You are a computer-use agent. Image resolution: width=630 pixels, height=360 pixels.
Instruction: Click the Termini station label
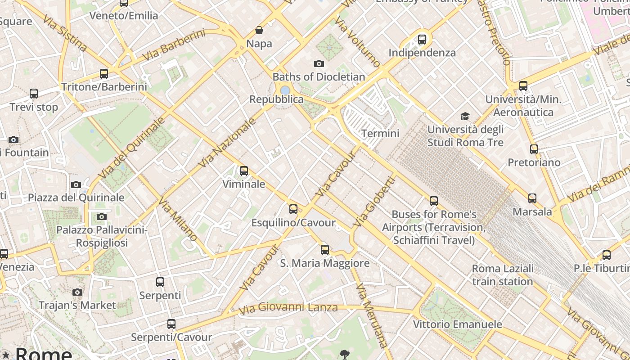tap(380, 134)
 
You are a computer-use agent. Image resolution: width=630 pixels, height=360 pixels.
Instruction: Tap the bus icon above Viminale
tap(244, 171)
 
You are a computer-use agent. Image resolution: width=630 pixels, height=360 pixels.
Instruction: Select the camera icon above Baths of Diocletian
tap(319, 64)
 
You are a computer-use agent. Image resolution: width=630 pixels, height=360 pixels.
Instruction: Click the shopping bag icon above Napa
tap(259, 31)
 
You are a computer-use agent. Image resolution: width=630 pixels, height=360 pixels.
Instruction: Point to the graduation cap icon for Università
tap(465, 117)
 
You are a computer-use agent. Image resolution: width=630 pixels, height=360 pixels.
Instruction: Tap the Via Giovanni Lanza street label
tap(288, 308)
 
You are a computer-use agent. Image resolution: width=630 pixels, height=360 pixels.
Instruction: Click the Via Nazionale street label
tap(227, 143)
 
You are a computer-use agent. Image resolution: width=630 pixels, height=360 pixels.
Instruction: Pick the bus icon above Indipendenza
tap(422, 40)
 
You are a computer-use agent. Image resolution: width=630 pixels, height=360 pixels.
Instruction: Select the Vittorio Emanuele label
tap(458, 324)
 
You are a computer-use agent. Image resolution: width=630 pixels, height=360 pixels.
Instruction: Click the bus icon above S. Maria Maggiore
tap(325, 250)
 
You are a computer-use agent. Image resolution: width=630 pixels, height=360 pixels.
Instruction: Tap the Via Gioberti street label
tap(374, 202)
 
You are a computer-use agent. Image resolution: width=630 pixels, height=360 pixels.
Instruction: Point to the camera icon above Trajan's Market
tap(77, 292)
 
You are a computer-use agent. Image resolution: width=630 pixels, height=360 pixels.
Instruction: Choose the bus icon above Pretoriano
tap(534, 149)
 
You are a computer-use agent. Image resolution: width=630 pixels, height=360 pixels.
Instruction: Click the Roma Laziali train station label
tap(503, 275)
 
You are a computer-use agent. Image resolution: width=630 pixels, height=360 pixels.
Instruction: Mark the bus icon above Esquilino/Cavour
tap(293, 209)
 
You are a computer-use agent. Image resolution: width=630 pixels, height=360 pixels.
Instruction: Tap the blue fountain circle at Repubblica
tap(285, 90)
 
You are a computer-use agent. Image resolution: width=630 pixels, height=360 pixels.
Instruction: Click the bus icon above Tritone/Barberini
tap(104, 74)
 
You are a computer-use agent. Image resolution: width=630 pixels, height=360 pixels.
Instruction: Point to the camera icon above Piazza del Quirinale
tap(76, 185)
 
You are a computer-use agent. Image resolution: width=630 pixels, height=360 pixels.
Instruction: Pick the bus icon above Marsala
tap(532, 198)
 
